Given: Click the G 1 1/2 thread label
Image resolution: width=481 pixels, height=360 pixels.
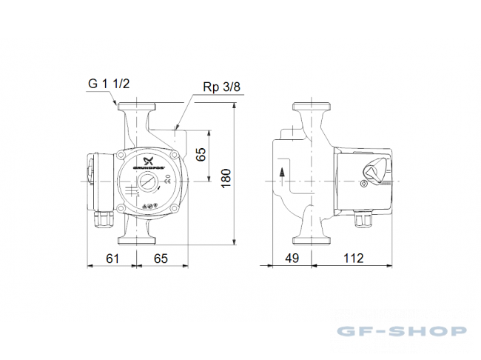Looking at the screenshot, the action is point(109,84).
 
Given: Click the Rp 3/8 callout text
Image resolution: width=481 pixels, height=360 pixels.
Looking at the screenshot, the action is point(221,87).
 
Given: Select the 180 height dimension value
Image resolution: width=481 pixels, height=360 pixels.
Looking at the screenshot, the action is point(226,179).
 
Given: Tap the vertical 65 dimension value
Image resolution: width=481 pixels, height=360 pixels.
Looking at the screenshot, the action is point(201,155).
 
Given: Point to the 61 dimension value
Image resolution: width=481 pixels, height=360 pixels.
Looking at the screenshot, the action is point(112,259).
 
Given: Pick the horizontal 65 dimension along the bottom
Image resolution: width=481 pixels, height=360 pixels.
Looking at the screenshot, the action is point(161,259).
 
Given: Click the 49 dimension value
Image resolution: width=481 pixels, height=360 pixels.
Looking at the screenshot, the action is point(292,259).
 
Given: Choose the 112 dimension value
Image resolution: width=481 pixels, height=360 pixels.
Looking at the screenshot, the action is point(354,259).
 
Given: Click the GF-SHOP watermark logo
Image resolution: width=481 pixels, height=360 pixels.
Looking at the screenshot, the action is point(402,331).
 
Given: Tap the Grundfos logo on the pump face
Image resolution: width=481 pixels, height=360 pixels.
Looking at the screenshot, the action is point(149,163).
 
